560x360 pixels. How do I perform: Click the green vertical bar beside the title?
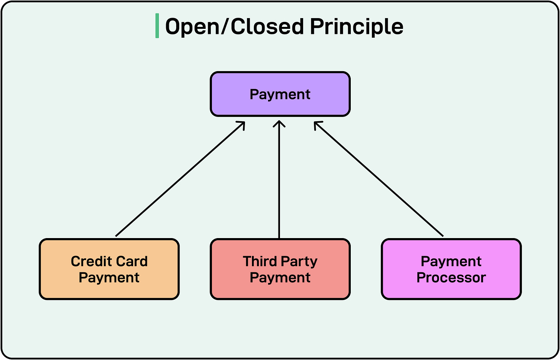tap(157, 26)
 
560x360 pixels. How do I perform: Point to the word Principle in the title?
tap(357, 27)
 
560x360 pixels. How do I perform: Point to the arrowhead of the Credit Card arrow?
tap(242, 124)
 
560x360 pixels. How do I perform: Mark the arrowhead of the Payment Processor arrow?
tap(317, 124)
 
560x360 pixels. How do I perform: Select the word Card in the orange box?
tap(132, 262)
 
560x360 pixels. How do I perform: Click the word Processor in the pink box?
tap(451, 278)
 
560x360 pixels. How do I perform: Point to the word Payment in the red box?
tap(280, 278)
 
